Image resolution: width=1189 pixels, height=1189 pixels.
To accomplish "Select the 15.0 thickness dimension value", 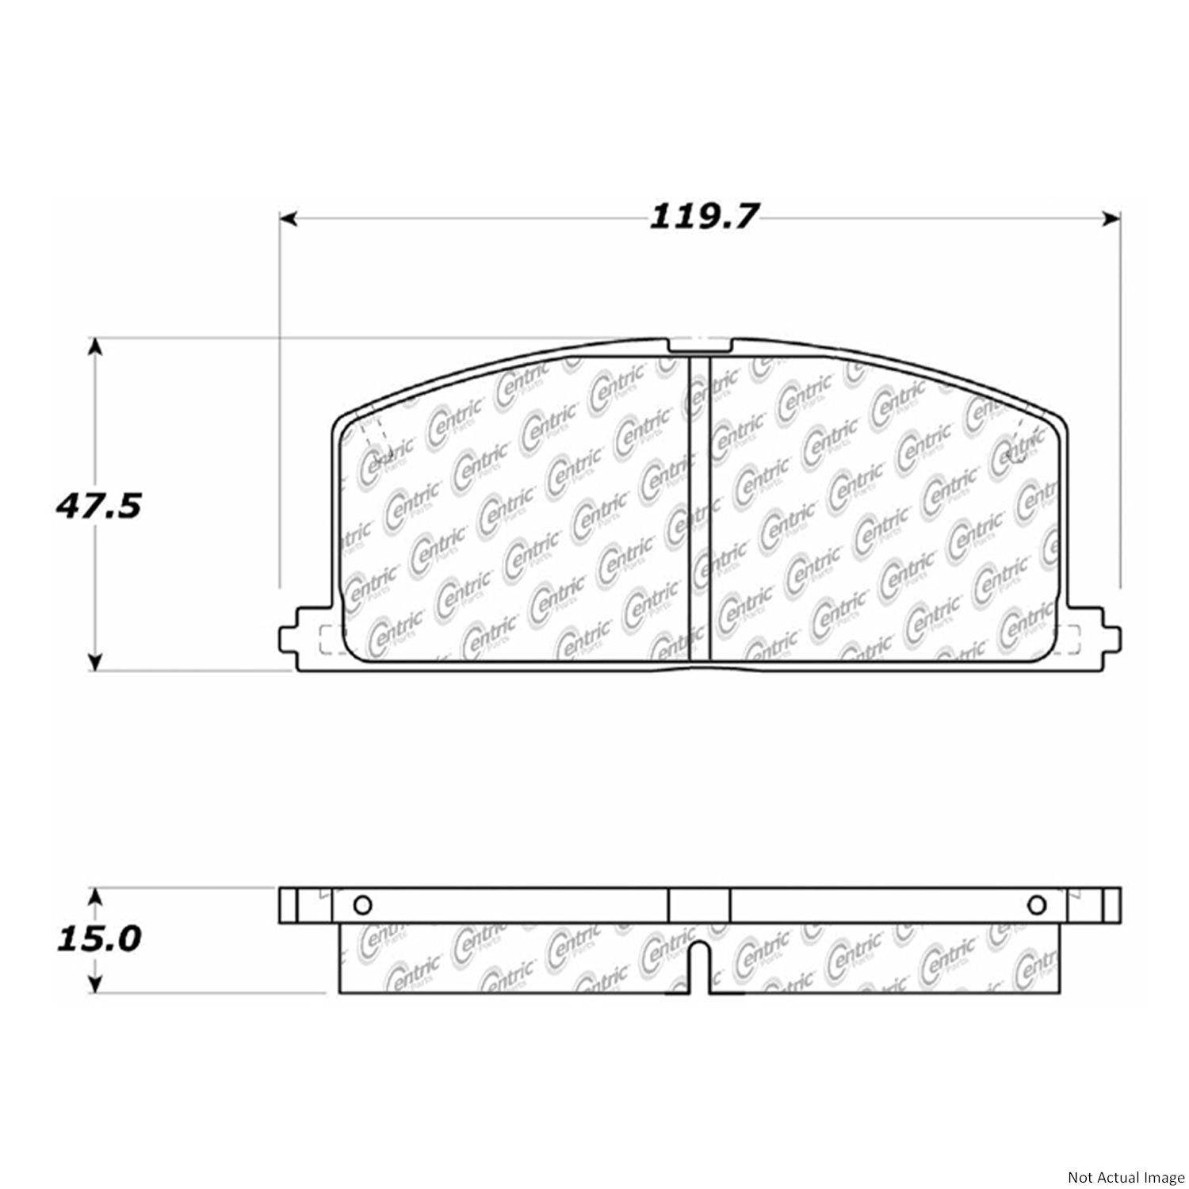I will (x=97, y=939).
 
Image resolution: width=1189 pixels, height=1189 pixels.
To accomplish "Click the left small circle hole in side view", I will (x=361, y=904).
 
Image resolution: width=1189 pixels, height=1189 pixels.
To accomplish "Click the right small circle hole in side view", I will (x=1035, y=904).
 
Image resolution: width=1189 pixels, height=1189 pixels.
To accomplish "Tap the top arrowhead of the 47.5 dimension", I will (x=95, y=346).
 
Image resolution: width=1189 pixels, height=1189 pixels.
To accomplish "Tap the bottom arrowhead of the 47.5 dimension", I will (x=95, y=661).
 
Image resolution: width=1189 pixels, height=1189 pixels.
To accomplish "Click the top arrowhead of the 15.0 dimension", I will (x=95, y=896).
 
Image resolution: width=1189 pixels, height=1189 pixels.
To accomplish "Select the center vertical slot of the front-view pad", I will (x=699, y=507).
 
